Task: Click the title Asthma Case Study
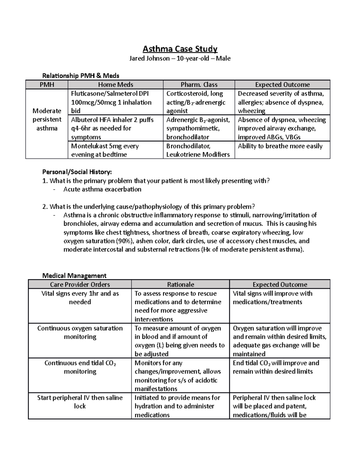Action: [x=180, y=49]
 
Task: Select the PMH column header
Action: [x=47, y=85]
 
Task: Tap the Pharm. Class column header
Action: [x=199, y=85]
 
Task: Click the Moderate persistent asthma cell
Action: [x=47, y=119]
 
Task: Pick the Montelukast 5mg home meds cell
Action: [x=105, y=150]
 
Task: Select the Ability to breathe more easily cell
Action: [x=280, y=146]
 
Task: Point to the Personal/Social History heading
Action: [x=77, y=172]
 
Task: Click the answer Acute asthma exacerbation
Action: [x=102, y=189]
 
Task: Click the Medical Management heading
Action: [x=74, y=275]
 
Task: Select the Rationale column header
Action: [x=181, y=284]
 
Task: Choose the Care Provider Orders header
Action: [x=80, y=284]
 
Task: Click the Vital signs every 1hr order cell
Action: [x=80, y=298]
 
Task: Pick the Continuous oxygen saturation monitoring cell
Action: [x=80, y=332]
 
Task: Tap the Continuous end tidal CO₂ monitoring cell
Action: [x=80, y=367]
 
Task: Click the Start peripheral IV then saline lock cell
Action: [x=80, y=402]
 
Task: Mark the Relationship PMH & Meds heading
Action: [x=81, y=76]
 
